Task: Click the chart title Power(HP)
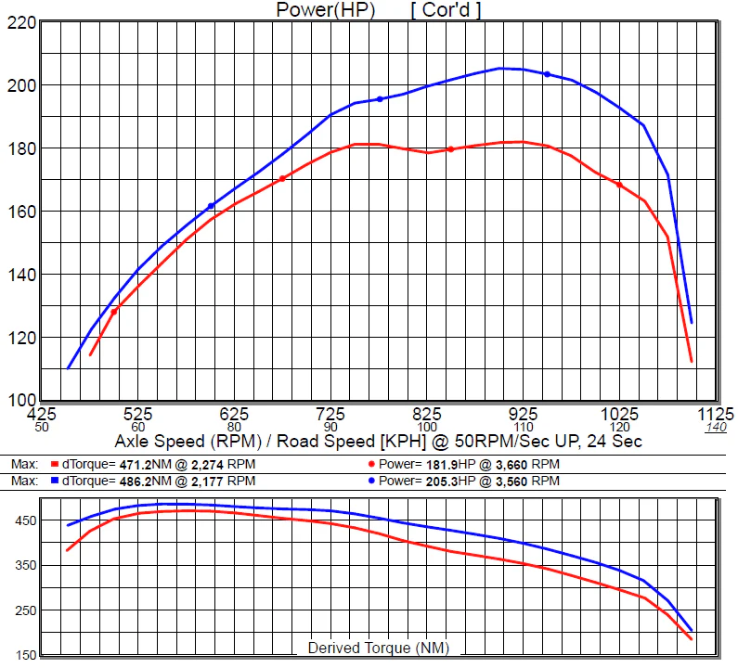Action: (x=325, y=10)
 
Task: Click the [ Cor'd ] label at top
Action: (x=446, y=10)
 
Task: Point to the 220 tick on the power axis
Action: (x=21, y=22)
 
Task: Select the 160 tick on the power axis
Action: (x=21, y=212)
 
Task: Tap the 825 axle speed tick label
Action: (x=427, y=415)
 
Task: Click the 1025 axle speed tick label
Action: (x=619, y=415)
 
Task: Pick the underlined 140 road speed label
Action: (x=716, y=427)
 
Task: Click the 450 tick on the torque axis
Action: (x=25, y=520)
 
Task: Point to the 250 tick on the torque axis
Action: (x=25, y=610)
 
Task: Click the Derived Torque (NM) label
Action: (x=379, y=648)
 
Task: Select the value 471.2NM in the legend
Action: (x=146, y=465)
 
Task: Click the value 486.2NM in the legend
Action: (x=146, y=482)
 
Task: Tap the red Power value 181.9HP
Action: (x=451, y=465)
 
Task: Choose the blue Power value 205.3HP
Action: (x=451, y=482)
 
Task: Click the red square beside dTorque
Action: (x=55, y=465)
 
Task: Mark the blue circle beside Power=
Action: (x=371, y=481)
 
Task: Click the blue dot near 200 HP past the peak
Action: (x=547, y=74)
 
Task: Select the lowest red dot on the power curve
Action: (x=114, y=312)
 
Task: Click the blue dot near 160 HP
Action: (x=211, y=206)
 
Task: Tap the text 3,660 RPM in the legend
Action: (x=527, y=465)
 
